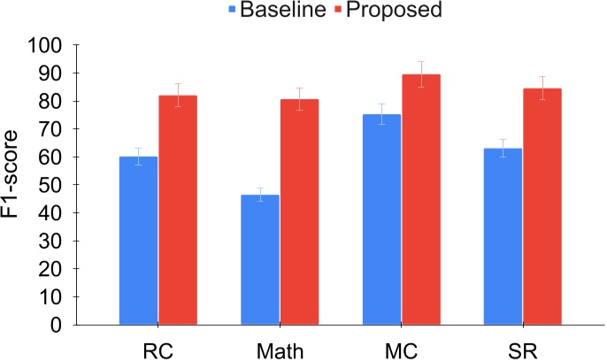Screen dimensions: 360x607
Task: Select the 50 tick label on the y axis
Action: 51,185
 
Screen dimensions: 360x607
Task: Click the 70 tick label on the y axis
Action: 51,129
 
